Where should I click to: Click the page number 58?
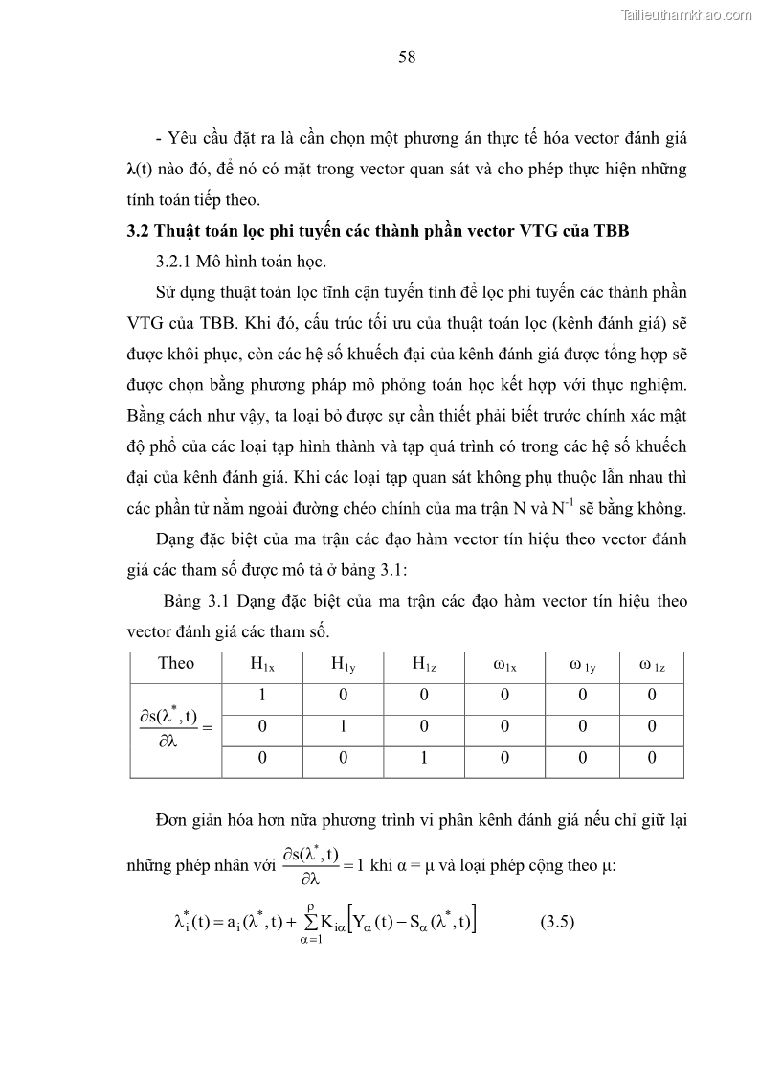(x=407, y=57)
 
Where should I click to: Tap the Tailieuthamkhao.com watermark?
(x=686, y=14)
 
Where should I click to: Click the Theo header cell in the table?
(x=175, y=663)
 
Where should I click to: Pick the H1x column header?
(x=262, y=664)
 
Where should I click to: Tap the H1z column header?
(x=424, y=664)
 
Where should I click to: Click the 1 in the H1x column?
(x=261, y=696)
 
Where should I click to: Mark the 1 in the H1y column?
(x=342, y=727)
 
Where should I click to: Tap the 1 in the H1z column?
(x=422, y=759)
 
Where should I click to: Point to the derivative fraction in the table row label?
(x=164, y=726)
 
